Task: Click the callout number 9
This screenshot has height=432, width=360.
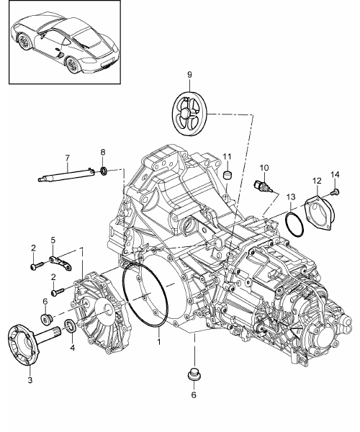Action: pos(189,75)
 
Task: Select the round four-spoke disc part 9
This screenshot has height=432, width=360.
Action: pos(189,114)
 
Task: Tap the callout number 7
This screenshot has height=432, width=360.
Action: pos(68,158)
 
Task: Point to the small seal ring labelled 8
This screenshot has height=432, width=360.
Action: pos(104,171)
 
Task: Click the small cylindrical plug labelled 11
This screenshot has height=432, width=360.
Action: pos(228,175)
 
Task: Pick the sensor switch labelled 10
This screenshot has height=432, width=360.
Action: pos(264,186)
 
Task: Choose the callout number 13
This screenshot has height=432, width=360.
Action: pos(291,197)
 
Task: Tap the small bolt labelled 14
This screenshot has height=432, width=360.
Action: pos(336,192)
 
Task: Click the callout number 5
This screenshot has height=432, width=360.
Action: pos(53,240)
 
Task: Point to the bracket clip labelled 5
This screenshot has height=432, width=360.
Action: pos(60,263)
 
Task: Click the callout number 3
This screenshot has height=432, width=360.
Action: pos(30,380)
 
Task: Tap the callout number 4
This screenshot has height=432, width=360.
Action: pos(72,348)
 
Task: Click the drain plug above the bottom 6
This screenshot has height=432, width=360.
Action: pos(194,374)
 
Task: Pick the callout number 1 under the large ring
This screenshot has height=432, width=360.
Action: pos(159,342)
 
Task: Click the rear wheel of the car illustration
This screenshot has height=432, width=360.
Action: pos(73,65)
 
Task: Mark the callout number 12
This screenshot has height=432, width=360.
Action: pos(317,181)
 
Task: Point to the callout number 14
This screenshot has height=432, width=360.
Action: pos(336,175)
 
